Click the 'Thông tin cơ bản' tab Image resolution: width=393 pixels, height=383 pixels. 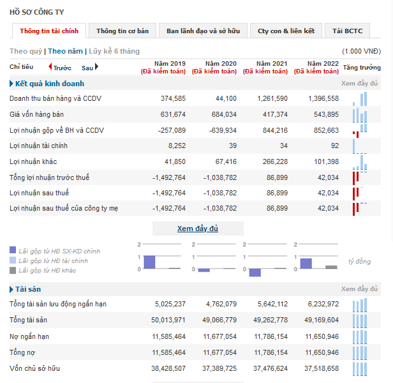point(122,31)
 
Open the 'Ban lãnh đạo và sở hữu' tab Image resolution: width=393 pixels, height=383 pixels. point(204,31)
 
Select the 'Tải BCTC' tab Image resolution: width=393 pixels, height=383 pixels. point(347,31)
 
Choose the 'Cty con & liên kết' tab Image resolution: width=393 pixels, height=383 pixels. point(286,31)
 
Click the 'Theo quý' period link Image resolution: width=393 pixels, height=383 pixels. point(26,51)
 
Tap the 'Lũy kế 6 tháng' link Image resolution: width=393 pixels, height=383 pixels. point(114,51)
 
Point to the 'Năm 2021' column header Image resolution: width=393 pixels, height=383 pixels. point(272,63)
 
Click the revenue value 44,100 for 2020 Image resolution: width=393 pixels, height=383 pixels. point(226,98)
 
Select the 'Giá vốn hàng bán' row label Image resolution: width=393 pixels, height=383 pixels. point(36,114)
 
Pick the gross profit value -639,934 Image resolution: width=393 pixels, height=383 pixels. point(223,130)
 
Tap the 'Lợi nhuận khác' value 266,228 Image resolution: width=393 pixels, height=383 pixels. point(275,161)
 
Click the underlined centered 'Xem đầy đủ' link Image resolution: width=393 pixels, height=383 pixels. point(198,229)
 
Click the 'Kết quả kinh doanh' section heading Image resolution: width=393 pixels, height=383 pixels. point(50,84)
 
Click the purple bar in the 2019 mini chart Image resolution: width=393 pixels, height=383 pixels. point(149,262)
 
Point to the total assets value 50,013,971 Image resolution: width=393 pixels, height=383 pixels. point(168,320)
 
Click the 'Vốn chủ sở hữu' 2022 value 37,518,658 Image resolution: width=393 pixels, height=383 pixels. point(322,368)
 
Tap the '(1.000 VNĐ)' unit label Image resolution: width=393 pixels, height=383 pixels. point(361,51)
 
